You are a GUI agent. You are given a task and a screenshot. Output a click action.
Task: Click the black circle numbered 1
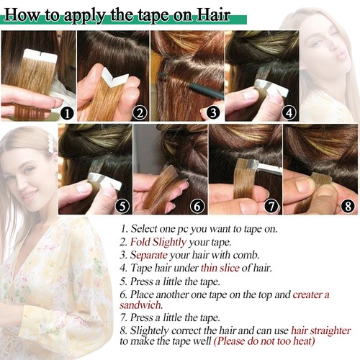pyautogui.click(x=67, y=113)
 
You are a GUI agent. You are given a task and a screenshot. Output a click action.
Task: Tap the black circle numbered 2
pyautogui.click(x=140, y=113)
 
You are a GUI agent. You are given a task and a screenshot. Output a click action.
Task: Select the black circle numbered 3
pyautogui.click(x=213, y=113)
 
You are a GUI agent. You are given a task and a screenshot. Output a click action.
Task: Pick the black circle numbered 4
pyautogui.click(x=289, y=113)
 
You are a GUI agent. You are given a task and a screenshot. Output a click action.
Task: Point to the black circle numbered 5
pyautogui.click(x=122, y=206)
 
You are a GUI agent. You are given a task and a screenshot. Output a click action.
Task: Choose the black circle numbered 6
pyautogui.click(x=197, y=206)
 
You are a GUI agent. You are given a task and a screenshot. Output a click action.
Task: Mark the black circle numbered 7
pyautogui.click(x=271, y=206)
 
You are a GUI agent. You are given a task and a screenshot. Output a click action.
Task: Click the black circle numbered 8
pyautogui.click(x=348, y=206)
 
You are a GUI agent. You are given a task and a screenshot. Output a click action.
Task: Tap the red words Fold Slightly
pyautogui.click(x=158, y=242)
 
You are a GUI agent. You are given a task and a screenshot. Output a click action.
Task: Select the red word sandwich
pyautogui.click(x=141, y=305)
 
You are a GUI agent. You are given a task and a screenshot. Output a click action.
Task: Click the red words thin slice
pyautogui.click(x=220, y=268)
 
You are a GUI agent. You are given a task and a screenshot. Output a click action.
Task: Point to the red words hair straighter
pyautogui.click(x=320, y=330)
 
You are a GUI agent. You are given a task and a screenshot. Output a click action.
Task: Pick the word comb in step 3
pyautogui.click(x=246, y=255)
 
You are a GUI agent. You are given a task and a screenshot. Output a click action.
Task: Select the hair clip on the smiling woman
pyautogui.click(x=50, y=143)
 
